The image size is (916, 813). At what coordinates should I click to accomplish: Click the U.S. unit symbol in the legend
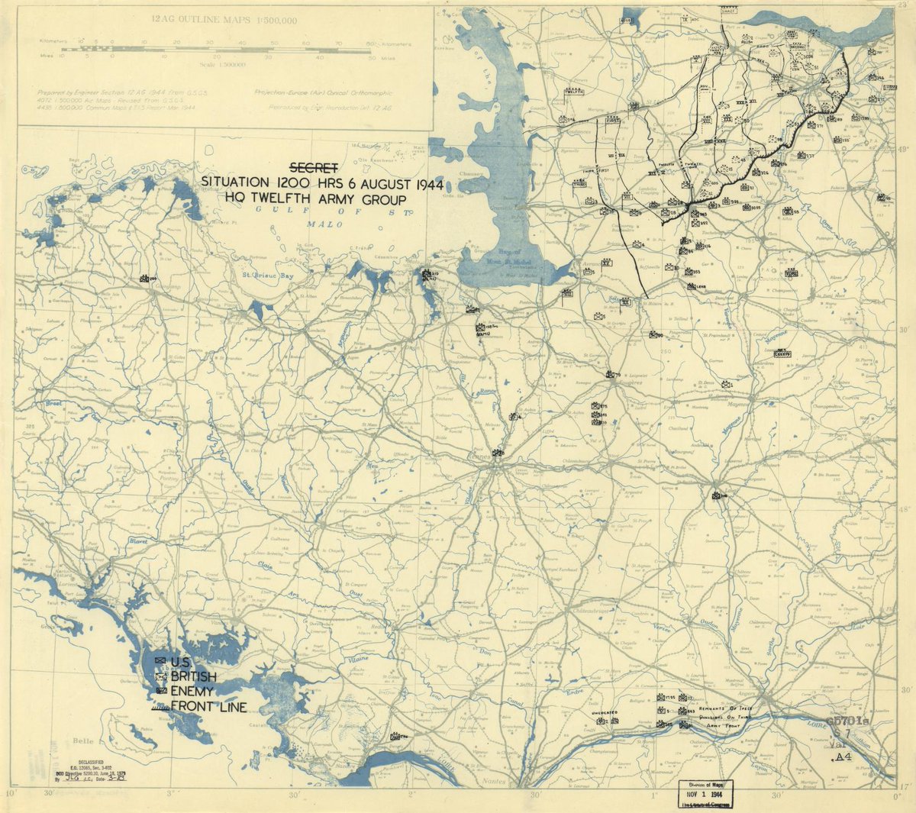point(160,661)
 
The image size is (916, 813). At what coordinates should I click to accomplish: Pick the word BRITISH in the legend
point(193,676)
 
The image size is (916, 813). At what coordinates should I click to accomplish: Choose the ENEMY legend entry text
point(192,691)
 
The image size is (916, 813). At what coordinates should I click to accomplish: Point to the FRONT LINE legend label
point(208,707)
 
